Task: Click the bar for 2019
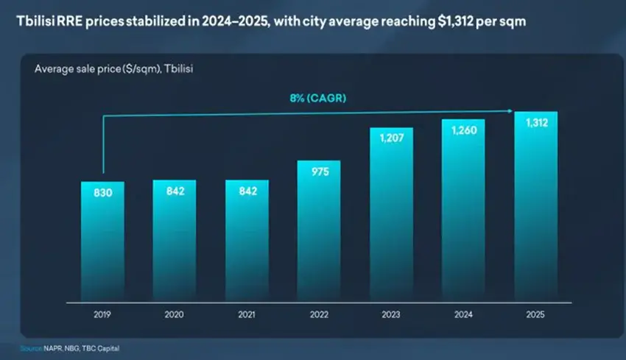tap(102, 243)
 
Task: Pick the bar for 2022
tap(319, 231)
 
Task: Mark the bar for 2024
tap(463, 211)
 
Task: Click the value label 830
tap(102, 193)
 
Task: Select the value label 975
tap(319, 172)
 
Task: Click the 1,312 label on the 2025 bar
tap(535, 124)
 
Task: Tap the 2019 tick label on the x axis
tap(102, 315)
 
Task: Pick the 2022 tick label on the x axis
tap(319, 315)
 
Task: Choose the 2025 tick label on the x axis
tap(535, 315)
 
